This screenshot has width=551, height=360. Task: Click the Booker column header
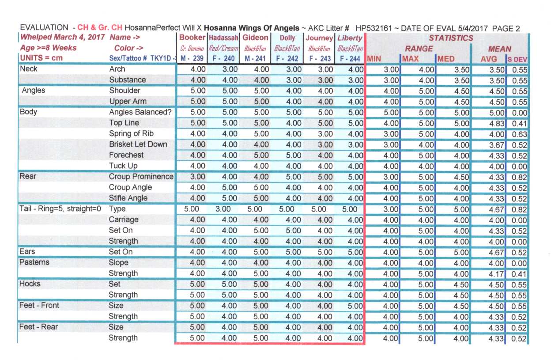coord(192,38)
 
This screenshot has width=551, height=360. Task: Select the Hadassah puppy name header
coord(223,38)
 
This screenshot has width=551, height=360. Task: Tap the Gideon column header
coord(255,38)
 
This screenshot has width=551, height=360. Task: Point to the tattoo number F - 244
coord(350,58)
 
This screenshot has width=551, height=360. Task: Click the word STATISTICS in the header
coord(451,38)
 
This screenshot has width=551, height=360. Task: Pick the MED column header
coord(446,59)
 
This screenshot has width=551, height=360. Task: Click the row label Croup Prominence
coord(141,177)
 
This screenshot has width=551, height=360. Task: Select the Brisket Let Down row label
coord(138,144)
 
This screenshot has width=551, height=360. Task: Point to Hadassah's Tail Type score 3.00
coord(223,209)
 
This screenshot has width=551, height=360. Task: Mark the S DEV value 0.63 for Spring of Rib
coord(519,134)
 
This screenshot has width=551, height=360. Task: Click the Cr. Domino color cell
coord(192,49)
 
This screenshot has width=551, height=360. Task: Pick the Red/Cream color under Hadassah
coord(223,49)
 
